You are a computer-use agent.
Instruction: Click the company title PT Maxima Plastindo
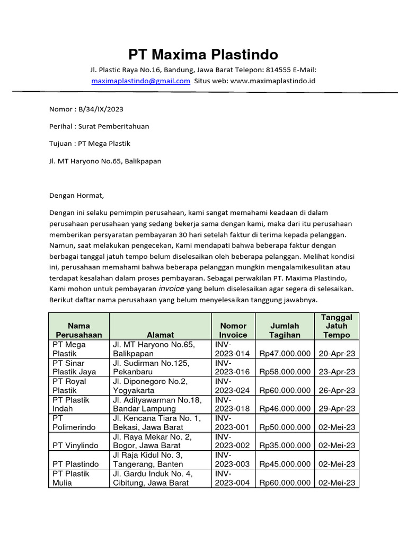(203, 55)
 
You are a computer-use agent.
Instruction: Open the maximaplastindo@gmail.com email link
(140, 81)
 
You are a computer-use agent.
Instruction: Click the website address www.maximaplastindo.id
(273, 81)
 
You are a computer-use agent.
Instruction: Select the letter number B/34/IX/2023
(100, 109)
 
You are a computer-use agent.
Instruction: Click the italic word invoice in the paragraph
(172, 289)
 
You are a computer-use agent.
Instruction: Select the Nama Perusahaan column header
(78, 330)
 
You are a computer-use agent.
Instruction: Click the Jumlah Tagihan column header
(285, 330)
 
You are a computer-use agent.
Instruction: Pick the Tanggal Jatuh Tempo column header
(337, 326)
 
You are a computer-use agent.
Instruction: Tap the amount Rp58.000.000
(285, 372)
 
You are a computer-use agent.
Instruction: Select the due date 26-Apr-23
(337, 390)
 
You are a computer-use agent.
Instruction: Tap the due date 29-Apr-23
(337, 409)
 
